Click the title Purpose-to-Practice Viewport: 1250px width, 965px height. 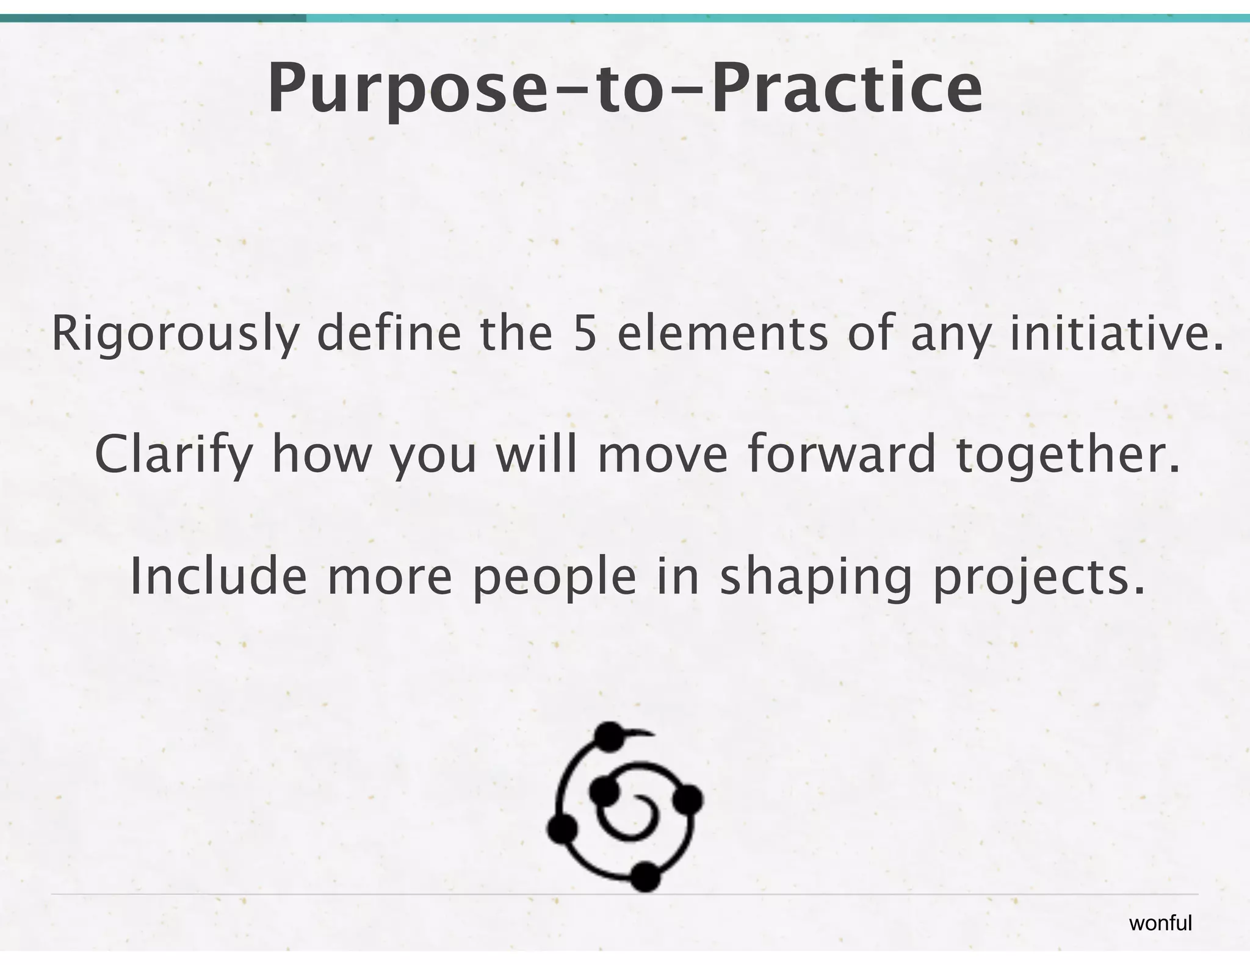coord(625,88)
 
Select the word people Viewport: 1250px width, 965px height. coord(554,578)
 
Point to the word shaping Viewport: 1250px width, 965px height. coord(815,578)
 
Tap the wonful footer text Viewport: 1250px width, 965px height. coord(1160,924)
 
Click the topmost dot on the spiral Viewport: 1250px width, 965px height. coord(608,735)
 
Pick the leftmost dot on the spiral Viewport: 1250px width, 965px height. coord(562,829)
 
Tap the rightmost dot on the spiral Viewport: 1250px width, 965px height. coord(688,798)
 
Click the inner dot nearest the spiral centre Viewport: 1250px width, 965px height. coord(605,792)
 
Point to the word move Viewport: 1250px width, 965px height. coord(663,455)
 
